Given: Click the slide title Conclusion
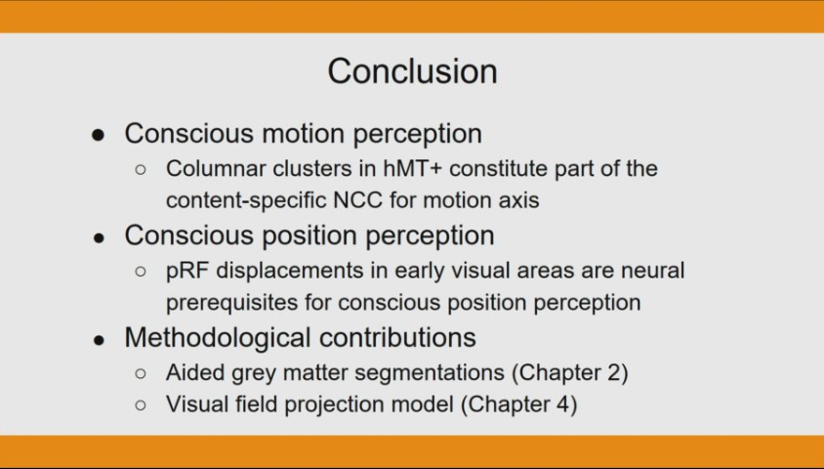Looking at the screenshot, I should tap(412, 71).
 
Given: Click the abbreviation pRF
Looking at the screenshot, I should tap(184, 270).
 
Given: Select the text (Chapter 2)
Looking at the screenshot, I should tap(573, 372).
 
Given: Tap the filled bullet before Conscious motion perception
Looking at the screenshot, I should tap(99, 136).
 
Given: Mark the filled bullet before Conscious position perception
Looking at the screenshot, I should tap(99, 237).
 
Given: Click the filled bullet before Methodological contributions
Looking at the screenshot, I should tap(99, 340).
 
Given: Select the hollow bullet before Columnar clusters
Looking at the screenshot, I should tap(141, 169).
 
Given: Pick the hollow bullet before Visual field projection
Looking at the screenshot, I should tap(141, 405).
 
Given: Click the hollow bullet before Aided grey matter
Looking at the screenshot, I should tap(141, 373).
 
